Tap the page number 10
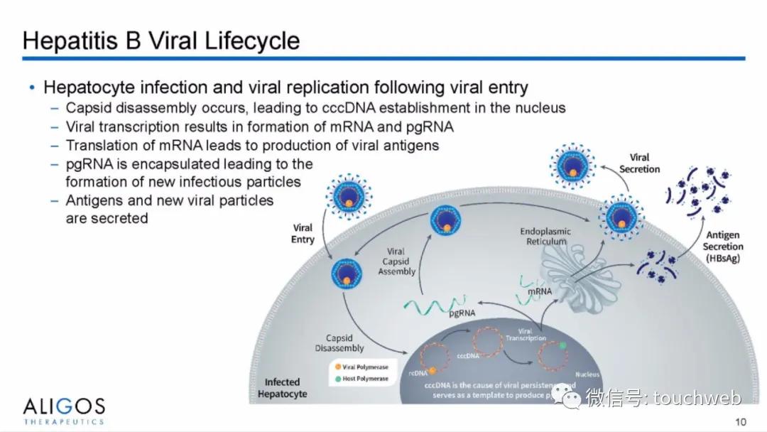pyautogui.click(x=741, y=421)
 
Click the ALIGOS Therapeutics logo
pyautogui.click(x=64, y=411)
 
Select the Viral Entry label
pyautogui.click(x=303, y=234)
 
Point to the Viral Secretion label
pyautogui.click(x=639, y=163)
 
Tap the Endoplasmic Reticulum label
pyautogui.click(x=545, y=237)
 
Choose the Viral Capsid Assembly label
pyautogui.click(x=396, y=261)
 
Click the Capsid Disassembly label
pyautogui.click(x=339, y=343)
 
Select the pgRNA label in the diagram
pyautogui.click(x=462, y=312)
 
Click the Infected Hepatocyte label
pyautogui.click(x=282, y=388)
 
